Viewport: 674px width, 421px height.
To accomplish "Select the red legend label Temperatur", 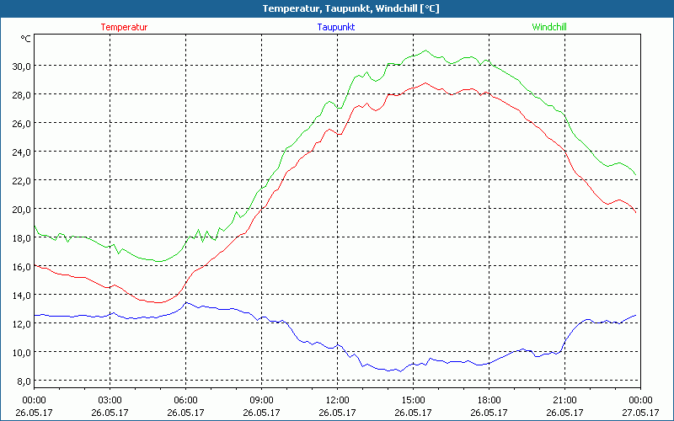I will [124, 27].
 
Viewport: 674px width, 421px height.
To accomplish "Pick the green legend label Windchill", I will [549, 27].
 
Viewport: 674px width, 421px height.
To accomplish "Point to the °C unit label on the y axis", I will [26, 38].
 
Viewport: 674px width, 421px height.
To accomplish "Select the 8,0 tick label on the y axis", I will [22, 381].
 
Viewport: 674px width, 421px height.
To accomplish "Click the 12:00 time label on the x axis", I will [337, 399].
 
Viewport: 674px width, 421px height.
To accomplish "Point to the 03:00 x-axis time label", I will [110, 399].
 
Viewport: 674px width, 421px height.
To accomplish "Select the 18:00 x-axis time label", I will [489, 399].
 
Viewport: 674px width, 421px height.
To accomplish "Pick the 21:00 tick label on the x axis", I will [564, 399].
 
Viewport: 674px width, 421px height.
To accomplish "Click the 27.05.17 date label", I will [639, 412].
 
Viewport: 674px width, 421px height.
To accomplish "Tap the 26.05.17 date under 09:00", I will [261, 412].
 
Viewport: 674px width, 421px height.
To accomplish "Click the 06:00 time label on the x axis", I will [185, 399].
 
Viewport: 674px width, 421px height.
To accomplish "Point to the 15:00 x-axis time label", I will [413, 399].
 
